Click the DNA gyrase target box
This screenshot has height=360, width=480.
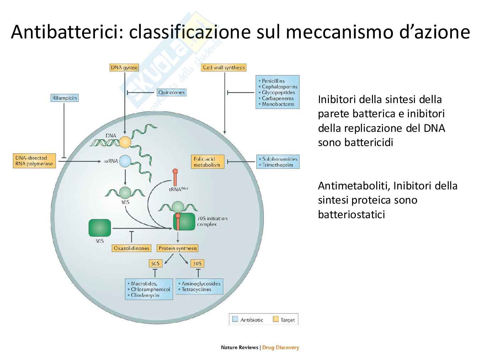pyautogui.click(x=124, y=68)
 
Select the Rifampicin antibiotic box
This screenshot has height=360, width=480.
pyautogui.click(x=64, y=98)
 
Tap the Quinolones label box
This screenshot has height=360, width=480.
pyautogui.click(x=171, y=92)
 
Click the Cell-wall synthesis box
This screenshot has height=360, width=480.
pyautogui.click(x=224, y=68)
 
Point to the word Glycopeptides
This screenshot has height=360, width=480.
pyautogui.click(x=278, y=92)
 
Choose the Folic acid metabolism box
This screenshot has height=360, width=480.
pyautogui.click(x=208, y=162)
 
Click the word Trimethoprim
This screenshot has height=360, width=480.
pyautogui.click(x=278, y=165)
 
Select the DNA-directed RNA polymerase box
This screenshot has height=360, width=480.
pyautogui.click(x=34, y=161)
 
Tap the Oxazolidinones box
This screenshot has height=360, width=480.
pyautogui.click(x=131, y=248)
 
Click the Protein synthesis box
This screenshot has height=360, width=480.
pyautogui.click(x=177, y=248)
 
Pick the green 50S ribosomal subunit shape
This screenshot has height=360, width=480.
pyautogui.click(x=100, y=228)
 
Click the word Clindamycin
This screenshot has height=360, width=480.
pyautogui.click(x=145, y=295)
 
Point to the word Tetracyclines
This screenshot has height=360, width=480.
pyautogui.click(x=197, y=289)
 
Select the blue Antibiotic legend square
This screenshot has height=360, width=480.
pyautogui.click(x=235, y=319)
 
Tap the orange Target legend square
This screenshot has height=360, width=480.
pyautogui.click(x=276, y=319)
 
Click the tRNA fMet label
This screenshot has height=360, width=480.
pyautogui.click(x=178, y=189)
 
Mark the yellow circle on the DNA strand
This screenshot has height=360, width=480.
pyautogui.click(x=125, y=142)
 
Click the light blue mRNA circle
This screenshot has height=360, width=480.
pyautogui.click(x=125, y=161)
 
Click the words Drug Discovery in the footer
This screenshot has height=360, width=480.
pyautogui.click(x=281, y=348)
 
